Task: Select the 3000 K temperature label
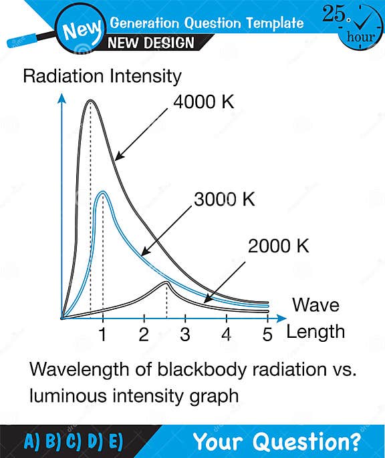225,199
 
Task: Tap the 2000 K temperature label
279,246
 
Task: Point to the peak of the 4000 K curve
91,101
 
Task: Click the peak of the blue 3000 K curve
102,193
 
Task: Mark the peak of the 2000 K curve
166,283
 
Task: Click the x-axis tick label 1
102,334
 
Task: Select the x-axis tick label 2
144,334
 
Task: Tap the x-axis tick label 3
185,334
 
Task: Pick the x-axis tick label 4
227,334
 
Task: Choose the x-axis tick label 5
267,334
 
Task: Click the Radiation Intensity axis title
102,76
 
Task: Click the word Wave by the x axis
315,306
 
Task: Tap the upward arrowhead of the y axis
61,98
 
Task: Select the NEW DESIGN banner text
152,43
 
